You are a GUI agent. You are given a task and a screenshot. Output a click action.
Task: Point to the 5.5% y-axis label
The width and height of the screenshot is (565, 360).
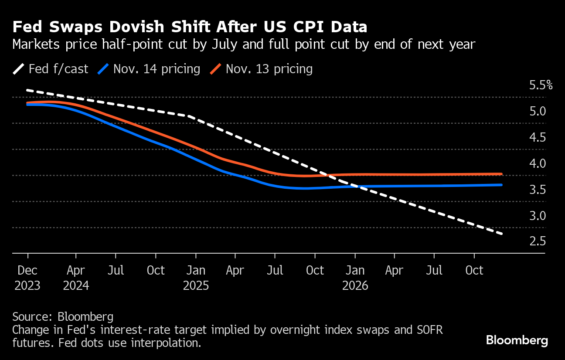pyautogui.click(x=541, y=85)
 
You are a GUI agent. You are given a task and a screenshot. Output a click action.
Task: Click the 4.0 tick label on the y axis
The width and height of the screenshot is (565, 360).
pyautogui.click(x=537, y=163)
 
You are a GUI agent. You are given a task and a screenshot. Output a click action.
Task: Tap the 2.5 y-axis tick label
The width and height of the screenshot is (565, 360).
pyautogui.click(x=537, y=241)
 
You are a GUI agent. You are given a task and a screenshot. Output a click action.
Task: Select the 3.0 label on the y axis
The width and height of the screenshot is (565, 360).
pyautogui.click(x=537, y=215)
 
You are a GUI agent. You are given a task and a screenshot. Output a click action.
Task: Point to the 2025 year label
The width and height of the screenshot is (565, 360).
pyautogui.click(x=196, y=286)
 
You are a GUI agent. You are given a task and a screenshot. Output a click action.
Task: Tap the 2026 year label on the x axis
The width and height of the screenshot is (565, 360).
pyautogui.click(x=355, y=286)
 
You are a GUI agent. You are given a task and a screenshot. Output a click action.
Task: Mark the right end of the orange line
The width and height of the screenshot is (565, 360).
pyautogui.click(x=501, y=174)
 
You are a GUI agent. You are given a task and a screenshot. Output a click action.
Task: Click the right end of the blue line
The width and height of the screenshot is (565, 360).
pyautogui.click(x=501, y=185)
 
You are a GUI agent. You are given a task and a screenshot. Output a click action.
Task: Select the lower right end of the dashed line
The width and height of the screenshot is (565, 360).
pyautogui.click(x=502, y=234)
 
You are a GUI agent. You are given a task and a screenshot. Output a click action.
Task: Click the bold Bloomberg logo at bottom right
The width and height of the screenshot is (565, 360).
pyautogui.click(x=517, y=340)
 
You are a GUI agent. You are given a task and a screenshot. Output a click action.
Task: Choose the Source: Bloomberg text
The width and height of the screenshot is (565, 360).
pyautogui.click(x=63, y=316)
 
